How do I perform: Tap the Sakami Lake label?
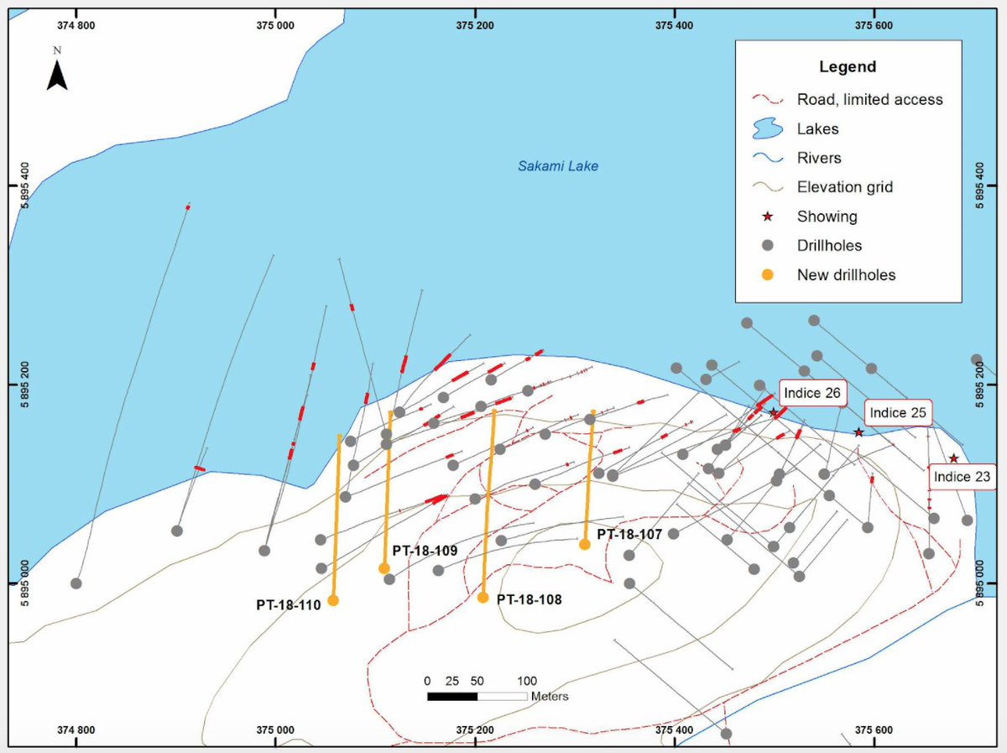pyautogui.click(x=557, y=166)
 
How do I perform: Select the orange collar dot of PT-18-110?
pyautogui.click(x=333, y=600)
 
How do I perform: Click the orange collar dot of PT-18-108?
pyautogui.click(x=483, y=598)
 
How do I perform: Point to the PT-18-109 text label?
pyautogui.click(x=425, y=551)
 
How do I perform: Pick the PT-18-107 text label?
pyautogui.click(x=629, y=534)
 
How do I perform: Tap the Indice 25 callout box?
pyautogui.click(x=898, y=413)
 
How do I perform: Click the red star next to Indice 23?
pyautogui.click(x=953, y=458)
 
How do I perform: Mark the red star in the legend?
pyautogui.click(x=768, y=217)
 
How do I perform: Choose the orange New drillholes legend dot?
pyautogui.click(x=768, y=275)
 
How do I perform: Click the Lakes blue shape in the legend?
pyautogui.click(x=768, y=128)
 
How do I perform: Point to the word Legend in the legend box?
pyautogui.click(x=848, y=67)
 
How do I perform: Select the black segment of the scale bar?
pyautogui.click(x=452, y=696)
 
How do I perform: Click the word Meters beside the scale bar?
pyautogui.click(x=549, y=696)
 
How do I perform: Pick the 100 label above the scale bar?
pyautogui.click(x=527, y=680)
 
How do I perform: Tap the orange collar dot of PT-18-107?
pyautogui.click(x=585, y=544)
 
